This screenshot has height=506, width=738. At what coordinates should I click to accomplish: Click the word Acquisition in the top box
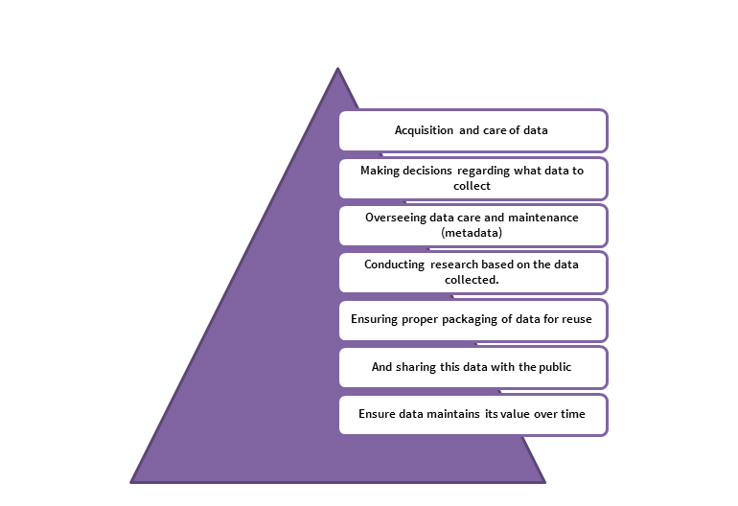(x=424, y=130)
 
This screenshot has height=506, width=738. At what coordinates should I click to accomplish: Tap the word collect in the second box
(x=472, y=186)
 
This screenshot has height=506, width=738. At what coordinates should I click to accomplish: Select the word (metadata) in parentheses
(x=472, y=233)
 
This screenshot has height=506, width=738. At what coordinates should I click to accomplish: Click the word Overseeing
(x=395, y=218)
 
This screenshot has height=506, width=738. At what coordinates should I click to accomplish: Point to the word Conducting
(x=395, y=265)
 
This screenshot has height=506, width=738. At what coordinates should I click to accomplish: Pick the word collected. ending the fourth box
(x=472, y=280)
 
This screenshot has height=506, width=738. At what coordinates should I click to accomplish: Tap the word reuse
(x=577, y=319)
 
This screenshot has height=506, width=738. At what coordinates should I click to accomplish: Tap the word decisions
(x=427, y=171)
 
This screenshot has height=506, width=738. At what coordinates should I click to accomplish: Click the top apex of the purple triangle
(x=338, y=68)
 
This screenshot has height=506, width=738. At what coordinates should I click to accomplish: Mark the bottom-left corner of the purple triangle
(x=130, y=483)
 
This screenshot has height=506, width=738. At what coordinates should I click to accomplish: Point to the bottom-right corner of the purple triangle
(x=545, y=483)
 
